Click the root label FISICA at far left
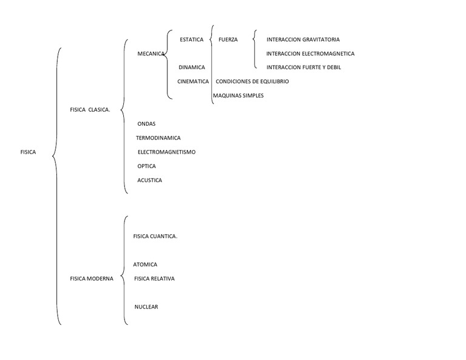28,152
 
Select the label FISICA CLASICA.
90,110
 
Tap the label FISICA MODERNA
92,279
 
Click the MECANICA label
151,54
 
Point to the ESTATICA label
192,39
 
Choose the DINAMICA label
192,67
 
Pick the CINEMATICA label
193,81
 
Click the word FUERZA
228,39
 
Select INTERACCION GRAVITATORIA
303,39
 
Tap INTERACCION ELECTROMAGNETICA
310,54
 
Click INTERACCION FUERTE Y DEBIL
304,67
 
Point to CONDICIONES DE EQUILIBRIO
252,81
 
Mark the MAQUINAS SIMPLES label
238,96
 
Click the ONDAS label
146,124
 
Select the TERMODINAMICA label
158,138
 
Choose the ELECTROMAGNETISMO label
166,152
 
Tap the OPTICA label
146,166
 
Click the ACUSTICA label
149,180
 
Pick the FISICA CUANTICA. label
155,236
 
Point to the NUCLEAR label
146,307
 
